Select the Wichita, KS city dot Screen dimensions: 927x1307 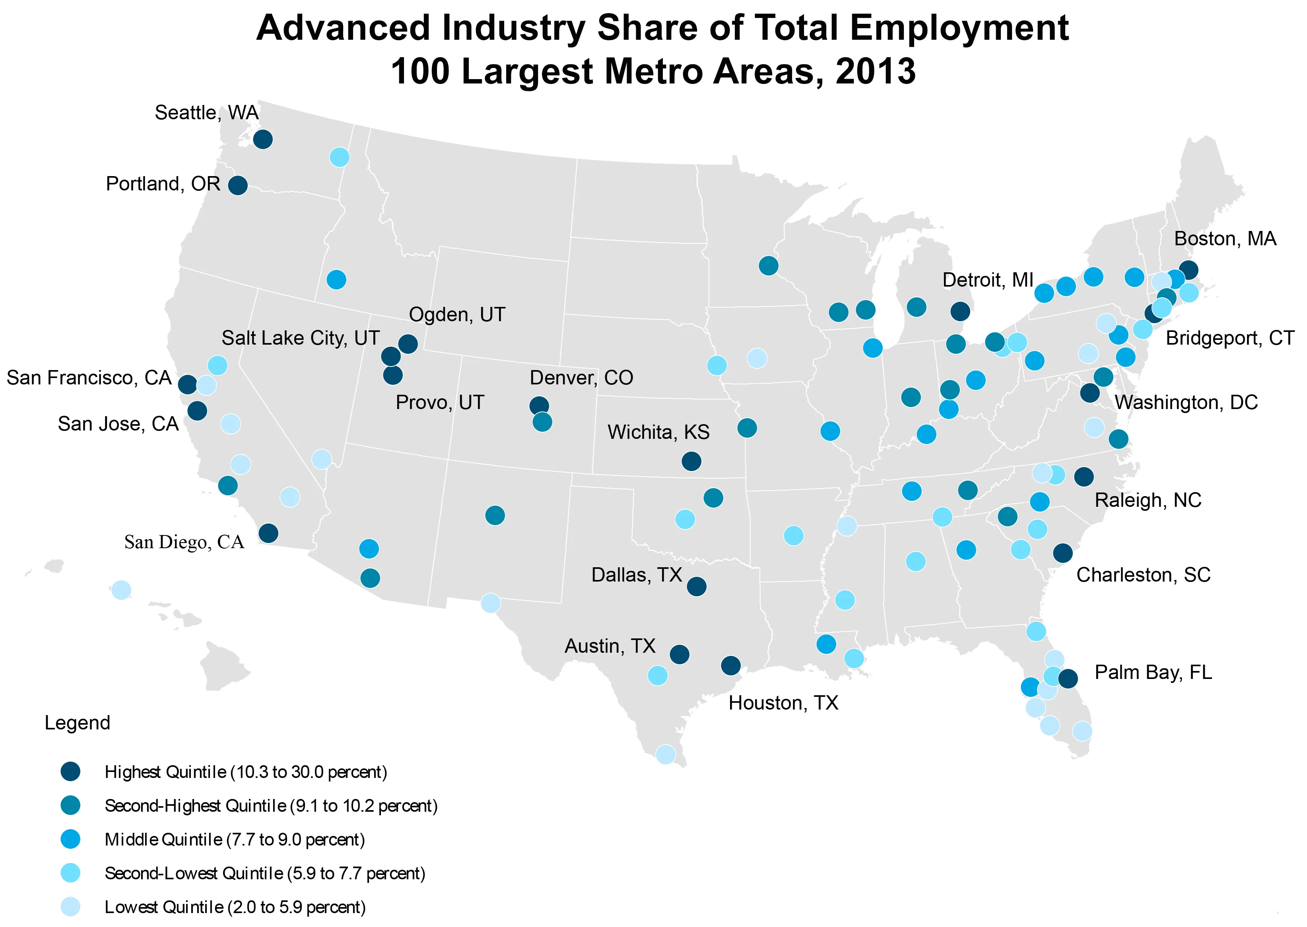[691, 461]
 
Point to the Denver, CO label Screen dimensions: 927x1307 [581, 378]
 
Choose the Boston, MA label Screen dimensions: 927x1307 [1225, 239]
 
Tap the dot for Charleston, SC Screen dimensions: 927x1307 [1062, 553]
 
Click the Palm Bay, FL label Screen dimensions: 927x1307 [1153, 673]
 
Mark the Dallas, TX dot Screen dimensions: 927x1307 [696, 586]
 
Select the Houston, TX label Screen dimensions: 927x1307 [783, 703]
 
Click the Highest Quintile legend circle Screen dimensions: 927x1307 [71, 772]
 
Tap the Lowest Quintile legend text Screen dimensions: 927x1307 [235, 907]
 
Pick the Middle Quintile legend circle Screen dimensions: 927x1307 [71, 839]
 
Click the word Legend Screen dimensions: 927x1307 [78, 723]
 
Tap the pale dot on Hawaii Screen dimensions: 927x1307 [121, 590]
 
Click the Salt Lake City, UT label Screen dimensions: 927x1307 [300, 338]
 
